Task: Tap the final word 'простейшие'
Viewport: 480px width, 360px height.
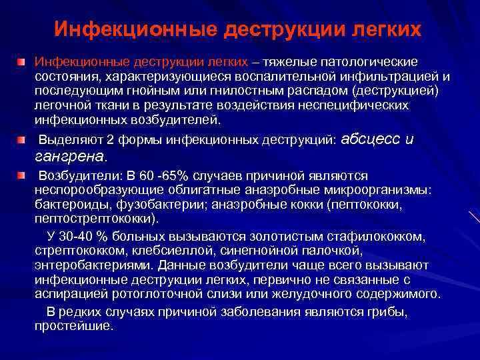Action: (73, 327)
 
